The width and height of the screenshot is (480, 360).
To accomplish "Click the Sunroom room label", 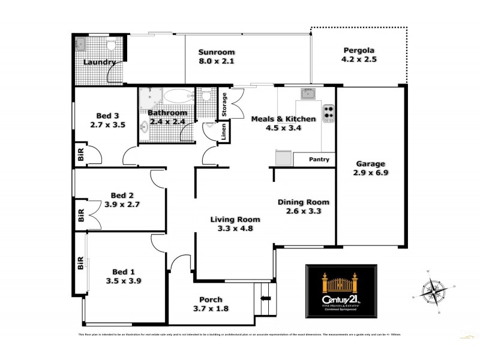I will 217,52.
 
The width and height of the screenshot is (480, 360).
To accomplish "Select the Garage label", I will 370,163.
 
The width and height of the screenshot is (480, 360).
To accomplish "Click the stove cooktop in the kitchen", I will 329,112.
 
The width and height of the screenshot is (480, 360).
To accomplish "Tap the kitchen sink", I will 308,94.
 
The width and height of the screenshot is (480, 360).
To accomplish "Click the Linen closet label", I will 223,131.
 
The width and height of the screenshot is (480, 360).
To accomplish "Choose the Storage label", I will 224,104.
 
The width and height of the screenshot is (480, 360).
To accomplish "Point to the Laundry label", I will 99,62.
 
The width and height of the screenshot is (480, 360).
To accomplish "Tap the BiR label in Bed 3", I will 80,154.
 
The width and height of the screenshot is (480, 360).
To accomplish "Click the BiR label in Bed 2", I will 80,216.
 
